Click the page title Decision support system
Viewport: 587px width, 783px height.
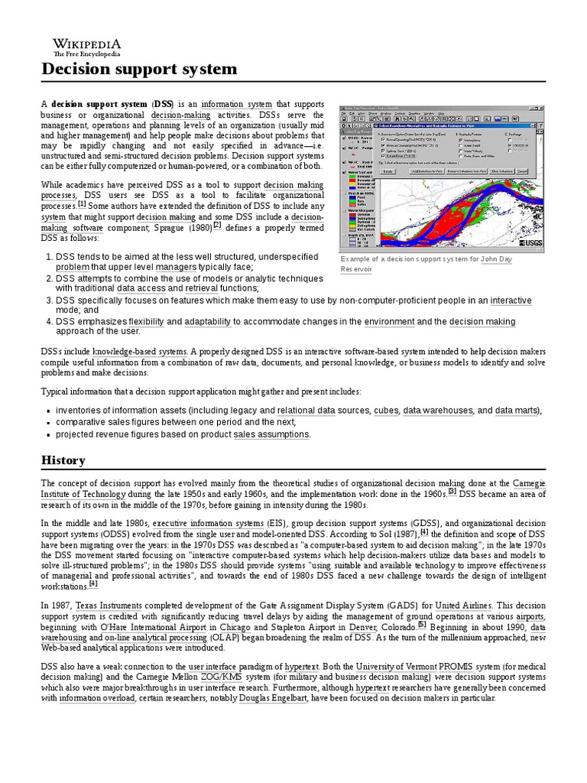click(x=138, y=70)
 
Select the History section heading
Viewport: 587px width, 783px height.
click(x=63, y=460)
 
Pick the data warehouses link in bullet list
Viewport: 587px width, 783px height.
click(x=439, y=411)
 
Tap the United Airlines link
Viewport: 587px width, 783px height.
click(x=463, y=604)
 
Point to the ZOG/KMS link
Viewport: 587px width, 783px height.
click(x=220, y=677)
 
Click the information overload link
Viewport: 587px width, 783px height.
click(x=96, y=698)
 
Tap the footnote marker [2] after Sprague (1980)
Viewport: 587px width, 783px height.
click(x=217, y=224)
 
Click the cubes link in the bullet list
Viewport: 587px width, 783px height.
click(x=386, y=411)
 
